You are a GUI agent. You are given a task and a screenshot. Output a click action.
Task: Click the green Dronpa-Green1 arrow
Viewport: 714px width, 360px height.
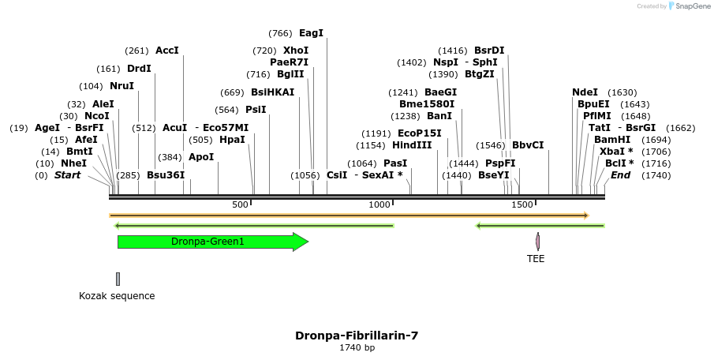[x=211, y=242]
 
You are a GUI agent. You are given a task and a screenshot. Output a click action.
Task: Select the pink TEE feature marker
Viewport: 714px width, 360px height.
[x=537, y=242]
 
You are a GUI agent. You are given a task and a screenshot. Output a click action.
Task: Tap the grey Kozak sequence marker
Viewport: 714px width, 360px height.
[x=118, y=279]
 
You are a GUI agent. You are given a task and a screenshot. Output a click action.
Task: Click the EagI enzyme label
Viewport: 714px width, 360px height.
[x=311, y=33]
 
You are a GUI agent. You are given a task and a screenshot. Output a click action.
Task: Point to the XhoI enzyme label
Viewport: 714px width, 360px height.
[x=295, y=51]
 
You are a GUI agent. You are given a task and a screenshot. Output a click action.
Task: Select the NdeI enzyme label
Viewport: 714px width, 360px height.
[x=585, y=92]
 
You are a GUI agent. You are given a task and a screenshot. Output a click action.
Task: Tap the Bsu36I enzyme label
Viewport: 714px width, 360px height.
[x=166, y=175]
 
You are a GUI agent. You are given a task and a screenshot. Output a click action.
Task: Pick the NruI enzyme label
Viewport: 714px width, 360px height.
[x=121, y=86]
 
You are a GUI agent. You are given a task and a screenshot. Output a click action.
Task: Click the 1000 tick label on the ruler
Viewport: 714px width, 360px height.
[x=380, y=205]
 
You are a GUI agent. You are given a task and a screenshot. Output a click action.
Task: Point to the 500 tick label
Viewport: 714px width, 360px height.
[x=240, y=205]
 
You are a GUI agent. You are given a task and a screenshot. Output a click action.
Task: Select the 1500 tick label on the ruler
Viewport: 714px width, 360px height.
[x=522, y=205]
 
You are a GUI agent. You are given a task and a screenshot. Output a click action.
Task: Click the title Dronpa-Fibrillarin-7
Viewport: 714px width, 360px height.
[x=357, y=336]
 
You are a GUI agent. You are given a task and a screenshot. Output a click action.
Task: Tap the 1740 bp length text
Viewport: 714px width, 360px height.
[x=357, y=347]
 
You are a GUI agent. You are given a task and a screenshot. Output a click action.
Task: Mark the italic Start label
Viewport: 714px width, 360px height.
[x=67, y=175]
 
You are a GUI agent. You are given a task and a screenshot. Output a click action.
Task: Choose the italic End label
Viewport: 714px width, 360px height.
[x=620, y=175]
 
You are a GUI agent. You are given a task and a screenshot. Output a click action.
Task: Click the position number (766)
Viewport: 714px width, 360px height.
[x=280, y=33]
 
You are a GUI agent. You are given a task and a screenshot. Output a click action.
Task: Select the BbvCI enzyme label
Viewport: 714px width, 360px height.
[x=528, y=145]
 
